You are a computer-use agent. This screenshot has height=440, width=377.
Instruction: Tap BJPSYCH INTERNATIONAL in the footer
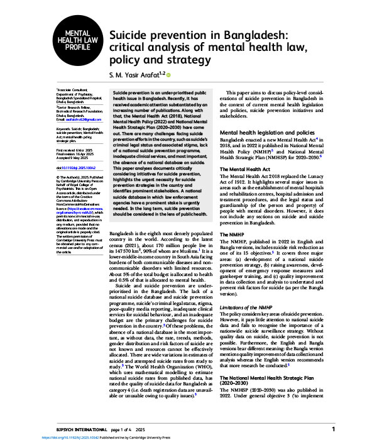[70, 429]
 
